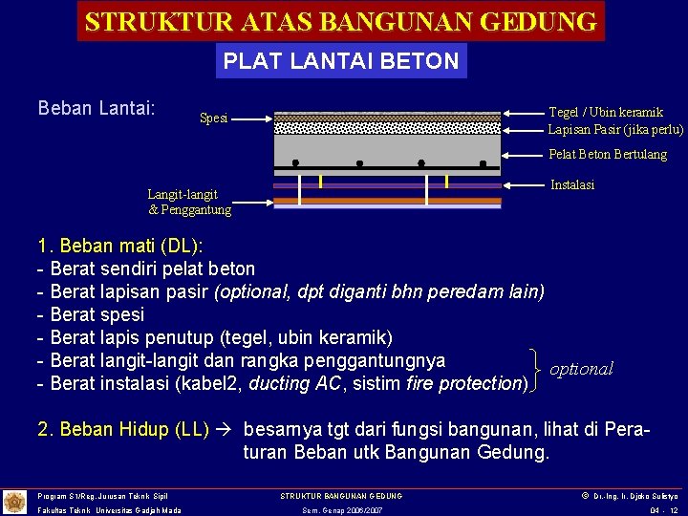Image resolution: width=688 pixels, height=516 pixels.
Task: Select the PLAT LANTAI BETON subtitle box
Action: [x=341, y=61]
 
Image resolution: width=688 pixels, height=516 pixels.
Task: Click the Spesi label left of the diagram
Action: [x=213, y=118]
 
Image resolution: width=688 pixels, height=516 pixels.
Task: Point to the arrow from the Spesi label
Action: [x=252, y=119]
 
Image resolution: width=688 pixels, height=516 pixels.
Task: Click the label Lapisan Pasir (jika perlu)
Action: [x=615, y=129]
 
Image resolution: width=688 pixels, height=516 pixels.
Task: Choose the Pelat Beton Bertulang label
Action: [x=607, y=154]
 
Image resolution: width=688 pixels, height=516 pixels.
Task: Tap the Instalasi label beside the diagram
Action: [x=572, y=184]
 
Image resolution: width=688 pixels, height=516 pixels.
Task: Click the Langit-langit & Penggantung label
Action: [x=189, y=202]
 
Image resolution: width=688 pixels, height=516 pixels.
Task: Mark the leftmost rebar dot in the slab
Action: [x=296, y=162]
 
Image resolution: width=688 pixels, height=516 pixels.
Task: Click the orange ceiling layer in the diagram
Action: [x=387, y=202]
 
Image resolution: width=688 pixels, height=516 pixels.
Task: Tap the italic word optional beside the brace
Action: [x=581, y=369]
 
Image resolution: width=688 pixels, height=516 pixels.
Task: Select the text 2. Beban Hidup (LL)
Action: [x=122, y=429]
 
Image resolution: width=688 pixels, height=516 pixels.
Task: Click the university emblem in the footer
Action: [x=14, y=502]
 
